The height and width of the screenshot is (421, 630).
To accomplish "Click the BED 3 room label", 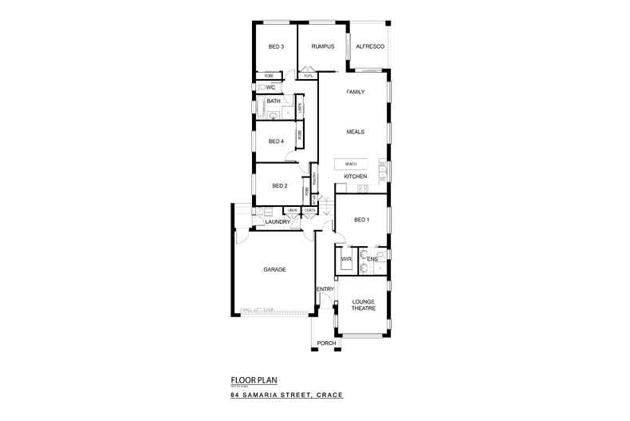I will pyautogui.click(x=276, y=47).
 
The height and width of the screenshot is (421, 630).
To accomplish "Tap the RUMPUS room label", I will pyautogui.click(x=322, y=47).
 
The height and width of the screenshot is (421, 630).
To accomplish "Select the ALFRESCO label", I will pyautogui.click(x=370, y=47).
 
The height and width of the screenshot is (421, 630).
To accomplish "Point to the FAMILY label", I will pyautogui.click(x=355, y=92).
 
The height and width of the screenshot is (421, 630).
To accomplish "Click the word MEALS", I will pyautogui.click(x=355, y=131).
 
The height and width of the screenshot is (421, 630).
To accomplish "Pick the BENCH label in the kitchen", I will pyautogui.click(x=351, y=164).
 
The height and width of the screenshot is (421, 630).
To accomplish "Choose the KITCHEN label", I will pyautogui.click(x=355, y=176).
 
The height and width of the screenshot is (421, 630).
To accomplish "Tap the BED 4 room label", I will pyautogui.click(x=276, y=141).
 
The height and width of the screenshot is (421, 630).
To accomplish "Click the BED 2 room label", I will pyautogui.click(x=279, y=186).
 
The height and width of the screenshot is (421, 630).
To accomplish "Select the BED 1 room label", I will pyautogui.click(x=361, y=220).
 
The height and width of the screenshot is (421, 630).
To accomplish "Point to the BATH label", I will pyautogui.click(x=274, y=101).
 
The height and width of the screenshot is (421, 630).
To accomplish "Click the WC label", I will pyautogui.click(x=270, y=86).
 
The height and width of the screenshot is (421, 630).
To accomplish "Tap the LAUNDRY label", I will pyautogui.click(x=277, y=221).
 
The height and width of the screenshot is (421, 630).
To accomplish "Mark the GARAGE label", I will pyautogui.click(x=274, y=269).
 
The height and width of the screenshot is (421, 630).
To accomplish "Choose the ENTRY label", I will pyautogui.click(x=325, y=289).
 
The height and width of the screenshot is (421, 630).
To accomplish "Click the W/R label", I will pyautogui.click(x=346, y=259).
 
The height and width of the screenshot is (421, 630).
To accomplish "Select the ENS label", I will pyautogui.click(x=372, y=259).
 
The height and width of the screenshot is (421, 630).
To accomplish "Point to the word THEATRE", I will pyautogui.click(x=363, y=308).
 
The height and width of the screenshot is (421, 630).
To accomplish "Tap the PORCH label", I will pyautogui.click(x=326, y=343).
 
